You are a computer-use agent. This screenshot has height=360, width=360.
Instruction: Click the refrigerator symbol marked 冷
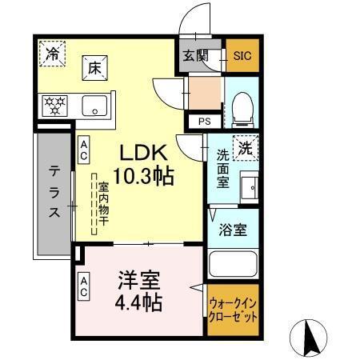click(x=52, y=55)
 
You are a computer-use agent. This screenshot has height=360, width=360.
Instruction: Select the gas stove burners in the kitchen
click(x=56, y=104)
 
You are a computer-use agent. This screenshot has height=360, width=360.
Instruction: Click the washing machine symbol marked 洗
click(x=246, y=147)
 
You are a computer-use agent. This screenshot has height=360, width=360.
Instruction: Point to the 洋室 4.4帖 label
click(x=139, y=292)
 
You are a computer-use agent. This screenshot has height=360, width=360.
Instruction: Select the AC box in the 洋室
click(x=84, y=286)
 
